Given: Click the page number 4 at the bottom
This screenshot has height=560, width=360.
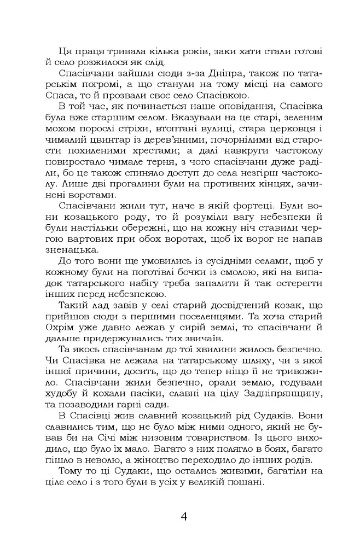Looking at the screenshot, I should click(184, 517).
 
